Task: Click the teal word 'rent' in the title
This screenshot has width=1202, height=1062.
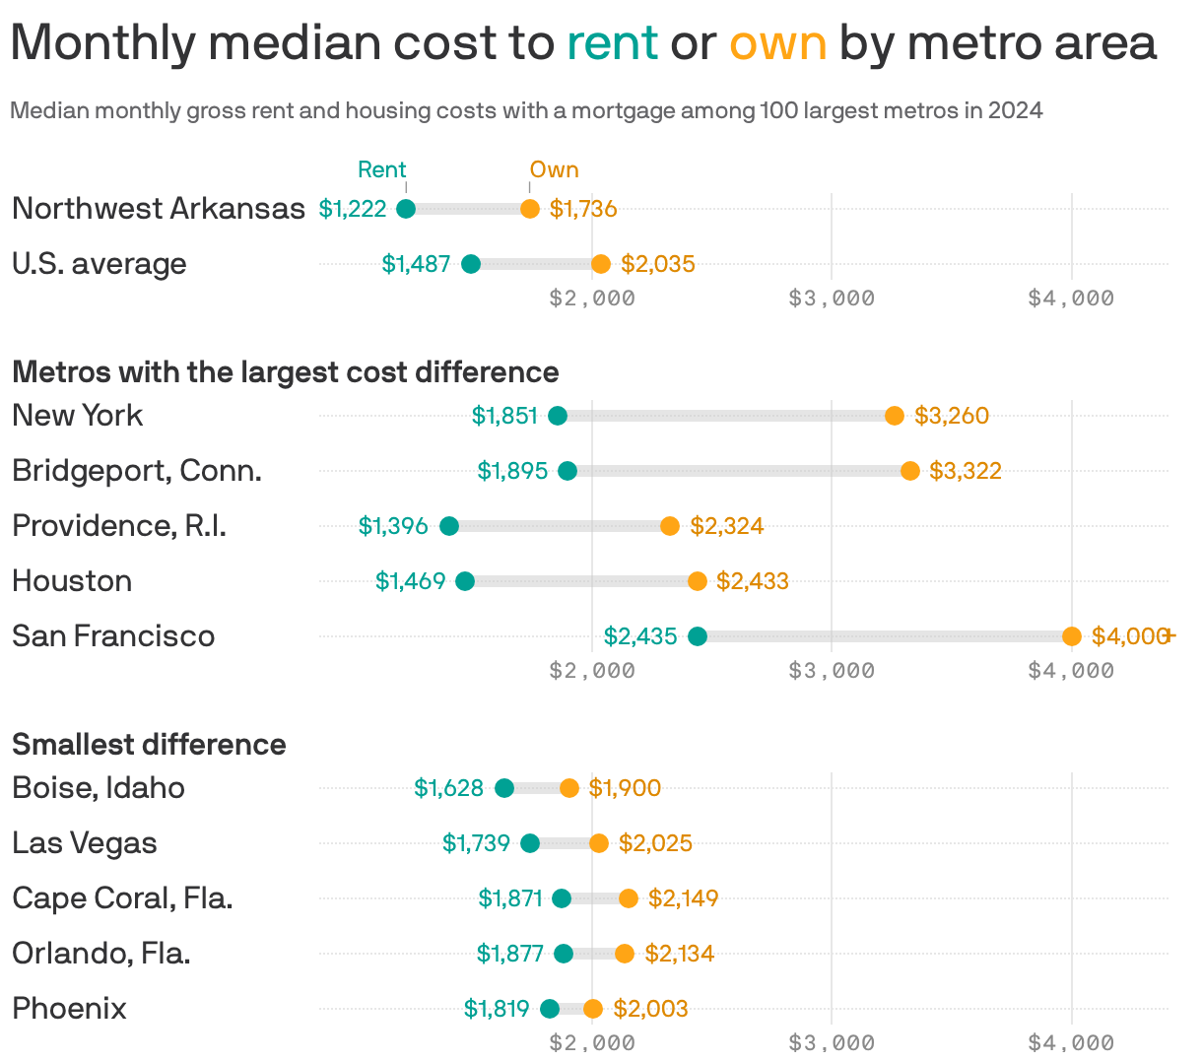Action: point(612,43)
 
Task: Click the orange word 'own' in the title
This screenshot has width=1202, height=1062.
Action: point(777,43)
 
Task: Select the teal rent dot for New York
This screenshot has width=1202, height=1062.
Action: point(558,416)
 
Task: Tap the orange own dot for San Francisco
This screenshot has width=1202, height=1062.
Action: point(1072,636)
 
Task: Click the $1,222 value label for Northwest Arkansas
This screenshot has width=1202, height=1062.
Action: point(353,209)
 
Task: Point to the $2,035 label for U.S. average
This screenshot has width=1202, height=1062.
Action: point(658,264)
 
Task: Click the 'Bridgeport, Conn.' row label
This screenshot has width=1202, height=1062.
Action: point(137,471)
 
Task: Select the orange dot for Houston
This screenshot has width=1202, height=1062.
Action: point(698,581)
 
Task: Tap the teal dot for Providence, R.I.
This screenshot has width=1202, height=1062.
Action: point(449,526)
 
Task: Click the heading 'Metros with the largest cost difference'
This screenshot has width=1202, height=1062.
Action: point(286,372)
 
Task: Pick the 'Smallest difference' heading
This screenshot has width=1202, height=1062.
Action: point(149,745)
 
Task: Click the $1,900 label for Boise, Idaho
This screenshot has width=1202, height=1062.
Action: point(625,788)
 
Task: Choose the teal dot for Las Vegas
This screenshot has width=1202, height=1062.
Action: point(530,843)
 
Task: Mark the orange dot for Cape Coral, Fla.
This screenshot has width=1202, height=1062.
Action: point(629,898)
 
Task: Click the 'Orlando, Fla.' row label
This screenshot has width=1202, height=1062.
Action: point(101,954)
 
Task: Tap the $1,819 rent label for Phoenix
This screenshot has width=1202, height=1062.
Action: point(497,1009)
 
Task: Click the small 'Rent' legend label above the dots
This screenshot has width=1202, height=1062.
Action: point(381,169)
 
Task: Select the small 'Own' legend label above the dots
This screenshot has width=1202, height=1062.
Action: point(554,169)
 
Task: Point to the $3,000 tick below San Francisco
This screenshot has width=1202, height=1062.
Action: point(832,671)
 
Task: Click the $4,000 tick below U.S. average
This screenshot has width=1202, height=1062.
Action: point(1071,299)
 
